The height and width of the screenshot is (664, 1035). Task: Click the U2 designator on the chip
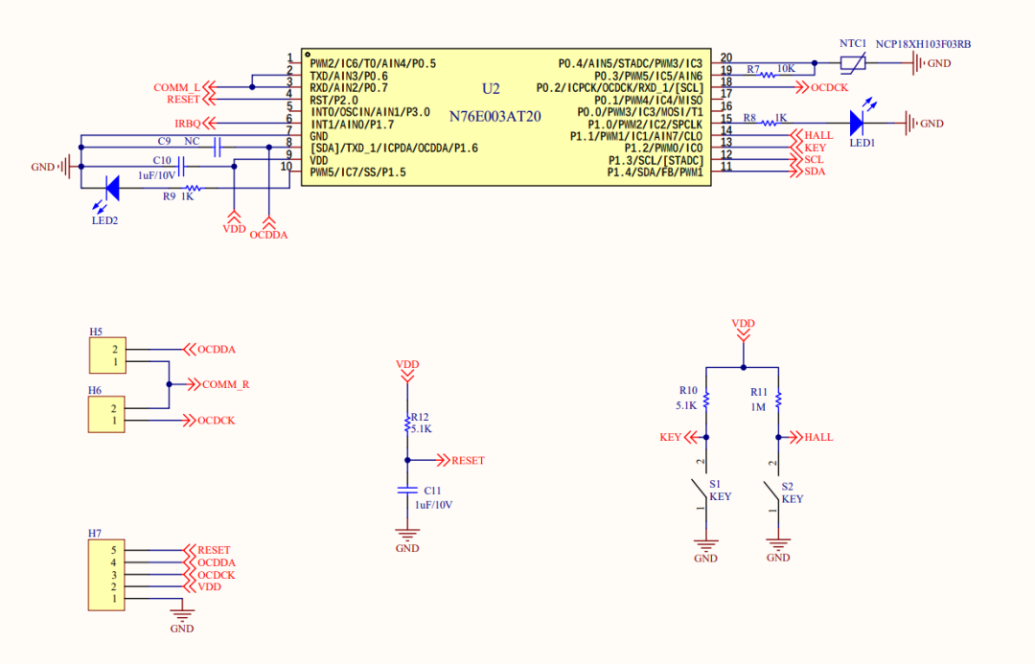tap(491, 88)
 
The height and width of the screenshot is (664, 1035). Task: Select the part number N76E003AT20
tap(495, 115)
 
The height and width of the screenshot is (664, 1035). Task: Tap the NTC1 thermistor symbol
tap(852, 63)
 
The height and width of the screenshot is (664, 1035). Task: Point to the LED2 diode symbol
tap(110, 188)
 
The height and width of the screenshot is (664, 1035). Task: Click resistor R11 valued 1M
tap(778, 400)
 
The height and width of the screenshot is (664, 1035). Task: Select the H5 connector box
tap(107, 355)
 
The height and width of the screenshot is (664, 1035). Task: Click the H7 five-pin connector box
tap(107, 575)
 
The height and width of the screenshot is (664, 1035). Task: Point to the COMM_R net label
tap(225, 384)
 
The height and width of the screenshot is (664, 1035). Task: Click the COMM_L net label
tap(177, 87)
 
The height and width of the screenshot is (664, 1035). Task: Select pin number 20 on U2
tap(725, 58)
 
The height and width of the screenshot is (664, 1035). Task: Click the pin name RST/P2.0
tap(333, 100)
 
